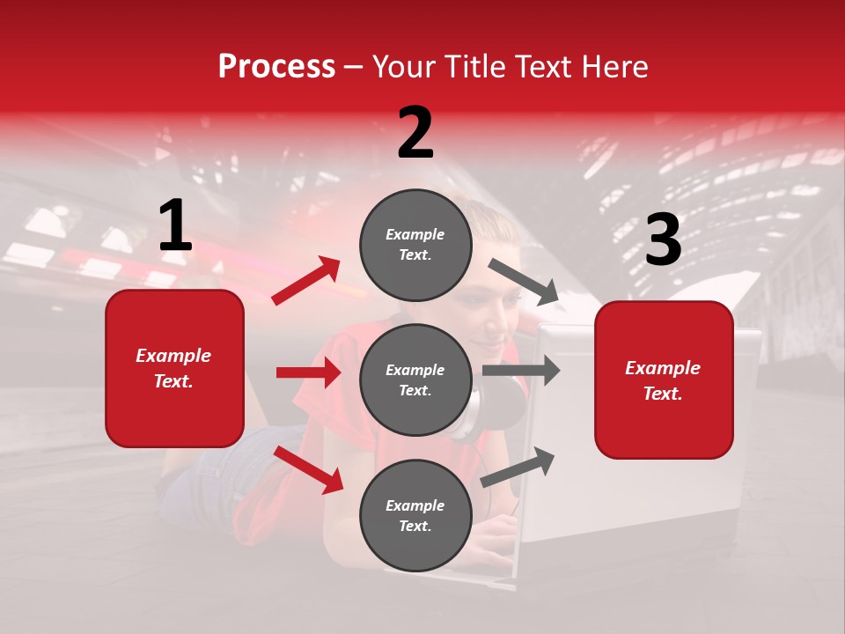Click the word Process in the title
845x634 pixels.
click(x=276, y=67)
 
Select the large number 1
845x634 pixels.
click(x=175, y=227)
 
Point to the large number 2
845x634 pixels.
click(x=415, y=133)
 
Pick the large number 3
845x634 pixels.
click(x=663, y=240)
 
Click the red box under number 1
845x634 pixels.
click(x=174, y=368)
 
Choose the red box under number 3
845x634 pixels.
click(x=664, y=380)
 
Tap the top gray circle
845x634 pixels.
click(x=415, y=245)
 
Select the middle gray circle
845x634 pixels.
click(x=415, y=380)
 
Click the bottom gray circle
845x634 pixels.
click(x=415, y=515)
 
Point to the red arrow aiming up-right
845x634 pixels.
click(x=306, y=281)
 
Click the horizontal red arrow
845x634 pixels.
click(x=308, y=372)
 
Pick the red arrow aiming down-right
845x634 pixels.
click(x=308, y=468)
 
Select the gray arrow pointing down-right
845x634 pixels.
click(x=524, y=282)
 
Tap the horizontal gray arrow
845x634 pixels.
click(x=521, y=371)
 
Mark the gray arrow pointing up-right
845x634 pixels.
click(x=518, y=467)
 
